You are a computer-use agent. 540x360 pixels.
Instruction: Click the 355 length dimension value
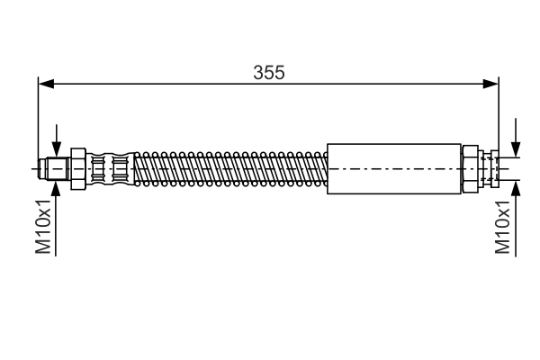tap(268, 73)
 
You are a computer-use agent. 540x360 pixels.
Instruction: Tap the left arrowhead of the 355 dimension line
tap(46, 84)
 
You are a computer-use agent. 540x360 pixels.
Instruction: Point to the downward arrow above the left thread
tap(56, 148)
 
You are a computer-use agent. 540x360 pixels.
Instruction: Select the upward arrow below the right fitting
tap(516, 186)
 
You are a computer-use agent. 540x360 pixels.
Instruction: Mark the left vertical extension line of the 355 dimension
tap(39, 117)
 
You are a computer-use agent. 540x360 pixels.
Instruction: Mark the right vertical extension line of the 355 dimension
tap(499, 117)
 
